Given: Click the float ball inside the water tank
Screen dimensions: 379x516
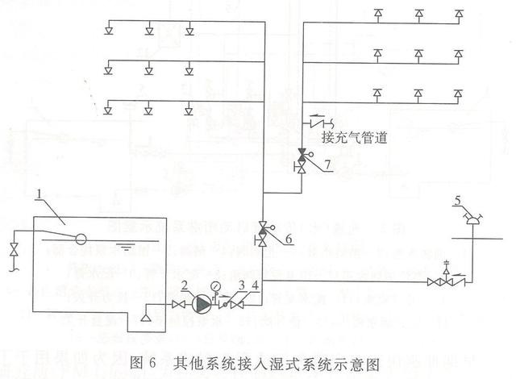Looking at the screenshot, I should click(x=81, y=239).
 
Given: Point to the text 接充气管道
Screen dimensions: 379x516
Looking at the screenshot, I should click(x=354, y=138).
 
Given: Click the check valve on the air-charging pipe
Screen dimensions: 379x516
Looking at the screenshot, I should click(x=315, y=123).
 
